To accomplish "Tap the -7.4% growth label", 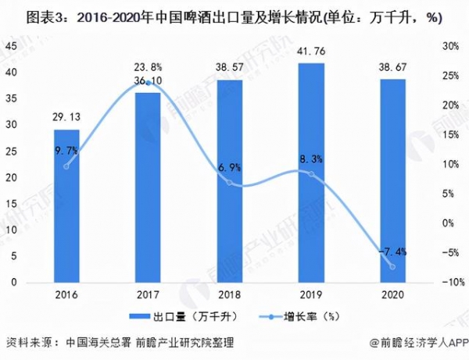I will [x=393, y=252].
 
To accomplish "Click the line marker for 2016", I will [x=66, y=166].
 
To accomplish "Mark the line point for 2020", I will [x=392, y=266].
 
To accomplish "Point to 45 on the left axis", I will [x=13, y=45].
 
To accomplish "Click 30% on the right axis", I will [x=449, y=45].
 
